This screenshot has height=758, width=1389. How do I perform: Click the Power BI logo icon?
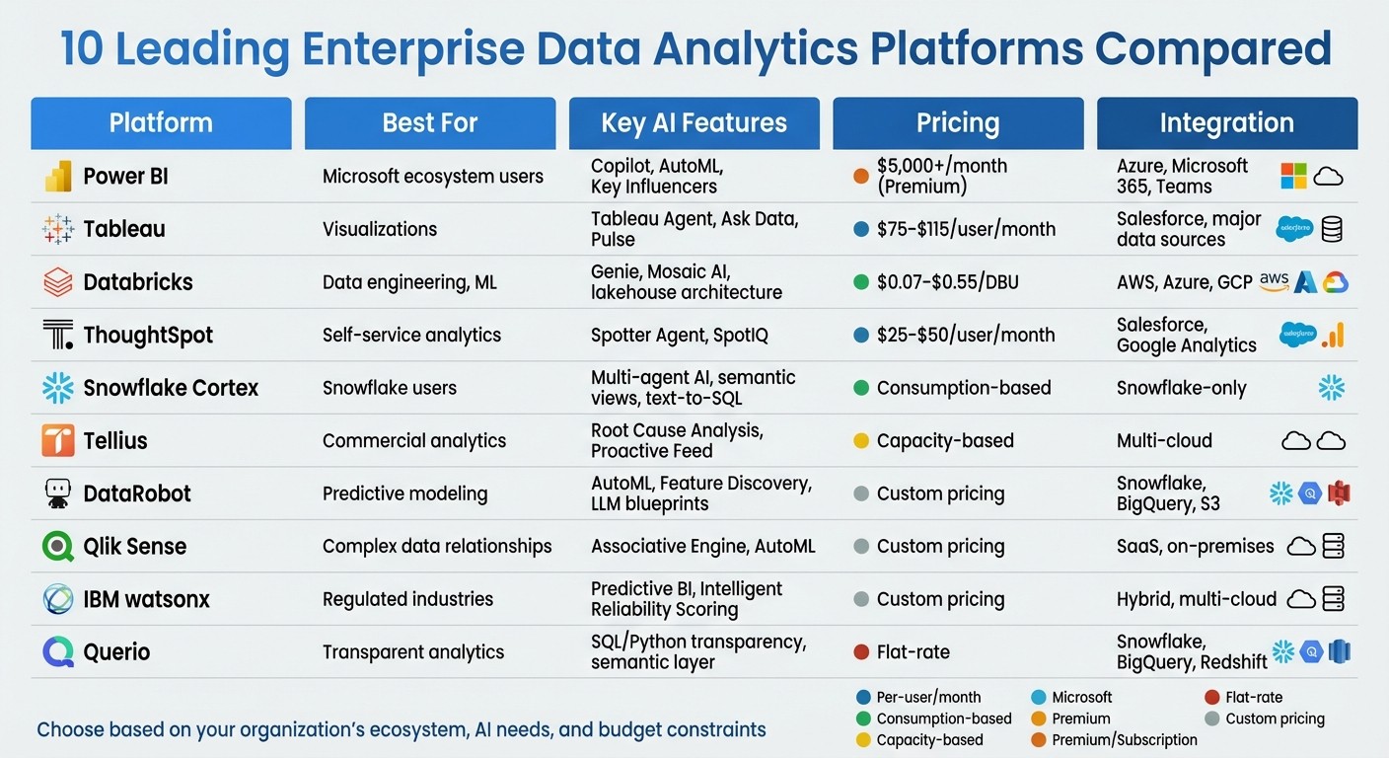pos(58,177)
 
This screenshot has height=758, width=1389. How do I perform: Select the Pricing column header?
pos(957,123)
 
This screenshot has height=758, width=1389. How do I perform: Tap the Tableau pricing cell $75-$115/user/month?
pos(966,229)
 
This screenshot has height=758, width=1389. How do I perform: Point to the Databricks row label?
pos(137,282)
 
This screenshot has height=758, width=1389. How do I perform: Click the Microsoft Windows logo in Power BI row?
pos(1293,177)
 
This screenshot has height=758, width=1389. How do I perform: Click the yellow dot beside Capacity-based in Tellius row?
pos(860,441)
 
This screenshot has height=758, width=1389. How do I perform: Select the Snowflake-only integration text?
pos(1181,388)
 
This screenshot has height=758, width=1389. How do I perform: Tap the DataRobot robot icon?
pos(58,493)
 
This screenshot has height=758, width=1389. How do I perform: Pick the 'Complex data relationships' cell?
pos(437,546)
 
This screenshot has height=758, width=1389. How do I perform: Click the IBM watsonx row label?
pos(146,599)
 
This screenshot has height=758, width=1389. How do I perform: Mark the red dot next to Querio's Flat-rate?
pos(860,652)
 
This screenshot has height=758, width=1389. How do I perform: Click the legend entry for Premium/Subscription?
pos(1124,740)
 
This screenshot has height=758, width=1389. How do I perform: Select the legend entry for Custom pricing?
pos(1274,719)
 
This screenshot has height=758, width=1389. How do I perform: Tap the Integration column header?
pos(1226,123)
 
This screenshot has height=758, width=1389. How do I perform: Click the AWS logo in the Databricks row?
pos(1275,282)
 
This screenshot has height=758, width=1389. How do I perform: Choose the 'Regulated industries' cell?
pos(407,599)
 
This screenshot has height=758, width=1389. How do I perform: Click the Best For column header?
pos(429,123)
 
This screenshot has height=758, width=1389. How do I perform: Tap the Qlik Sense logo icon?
pos(58,547)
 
